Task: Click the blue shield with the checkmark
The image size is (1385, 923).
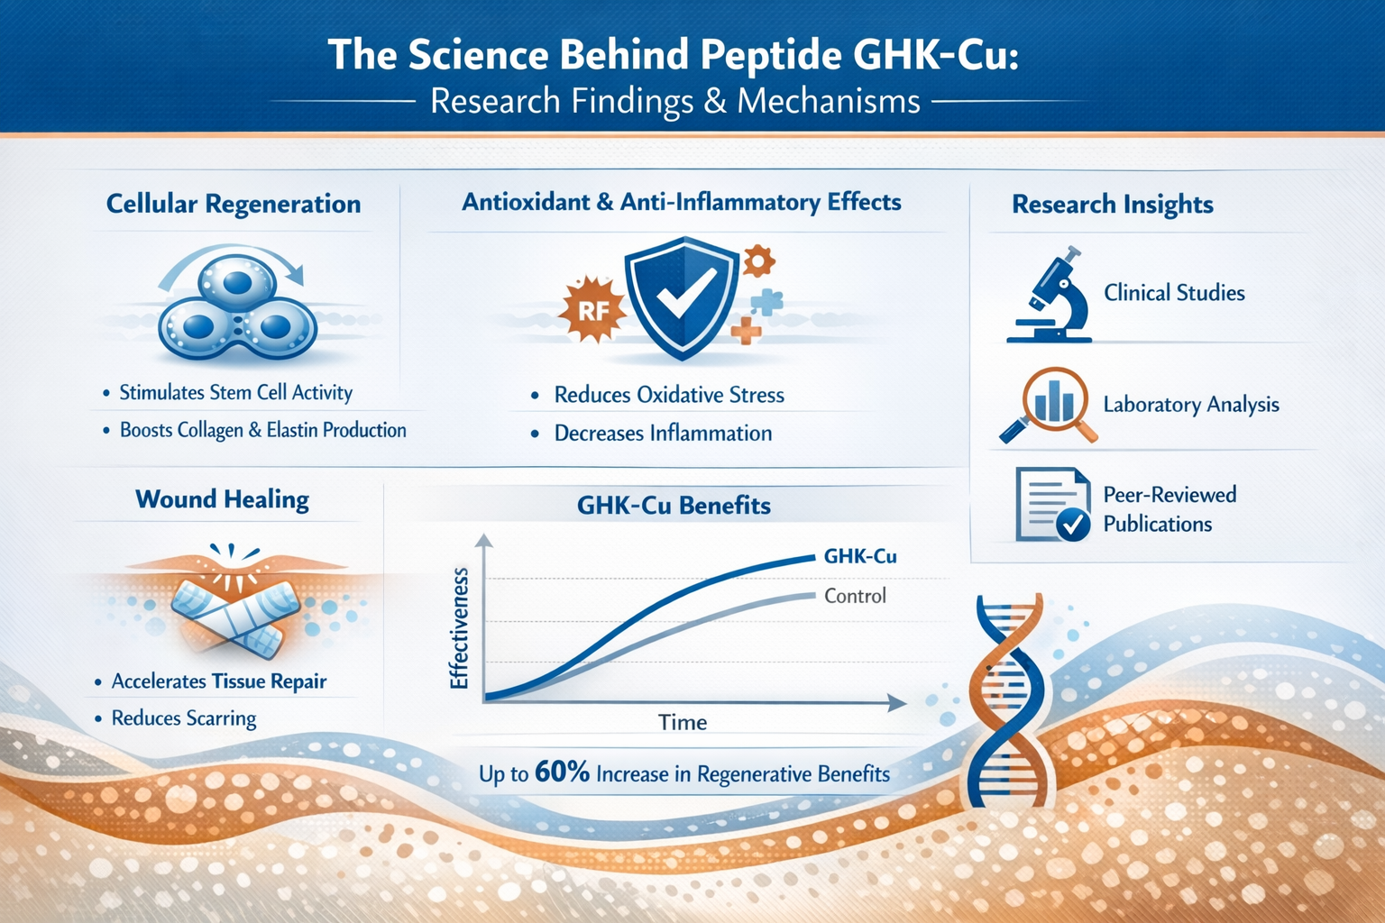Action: [x=683, y=297]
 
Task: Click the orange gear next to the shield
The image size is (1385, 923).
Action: [x=757, y=260]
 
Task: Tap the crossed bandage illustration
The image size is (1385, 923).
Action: [x=235, y=613]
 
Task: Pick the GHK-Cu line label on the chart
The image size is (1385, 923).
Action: [x=860, y=556]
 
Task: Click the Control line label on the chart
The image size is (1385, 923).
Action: [x=855, y=596]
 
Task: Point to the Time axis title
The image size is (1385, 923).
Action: [x=683, y=722]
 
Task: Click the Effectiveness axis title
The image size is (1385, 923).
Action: [x=459, y=628]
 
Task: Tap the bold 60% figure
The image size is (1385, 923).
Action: [x=562, y=772]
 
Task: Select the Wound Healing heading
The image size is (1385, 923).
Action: [x=222, y=499]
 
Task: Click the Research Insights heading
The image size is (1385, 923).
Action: [x=1112, y=205]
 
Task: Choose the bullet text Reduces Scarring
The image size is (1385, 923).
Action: [x=184, y=718]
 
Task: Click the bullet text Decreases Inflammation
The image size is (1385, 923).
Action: [x=663, y=434]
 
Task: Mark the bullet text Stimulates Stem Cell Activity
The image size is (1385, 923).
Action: [x=235, y=393]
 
